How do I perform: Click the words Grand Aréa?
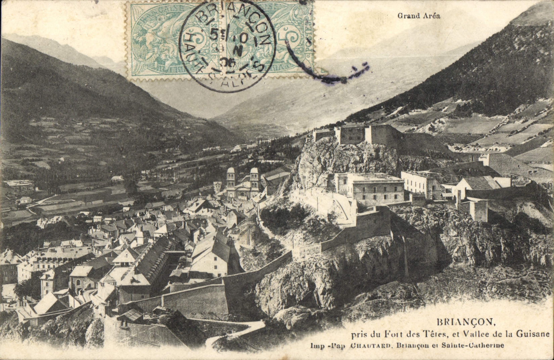point(418,15)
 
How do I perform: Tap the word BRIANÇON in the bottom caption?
point(466,322)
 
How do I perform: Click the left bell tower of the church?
point(231,178)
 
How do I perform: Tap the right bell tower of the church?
point(254,178)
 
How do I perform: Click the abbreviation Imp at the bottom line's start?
point(316,346)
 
